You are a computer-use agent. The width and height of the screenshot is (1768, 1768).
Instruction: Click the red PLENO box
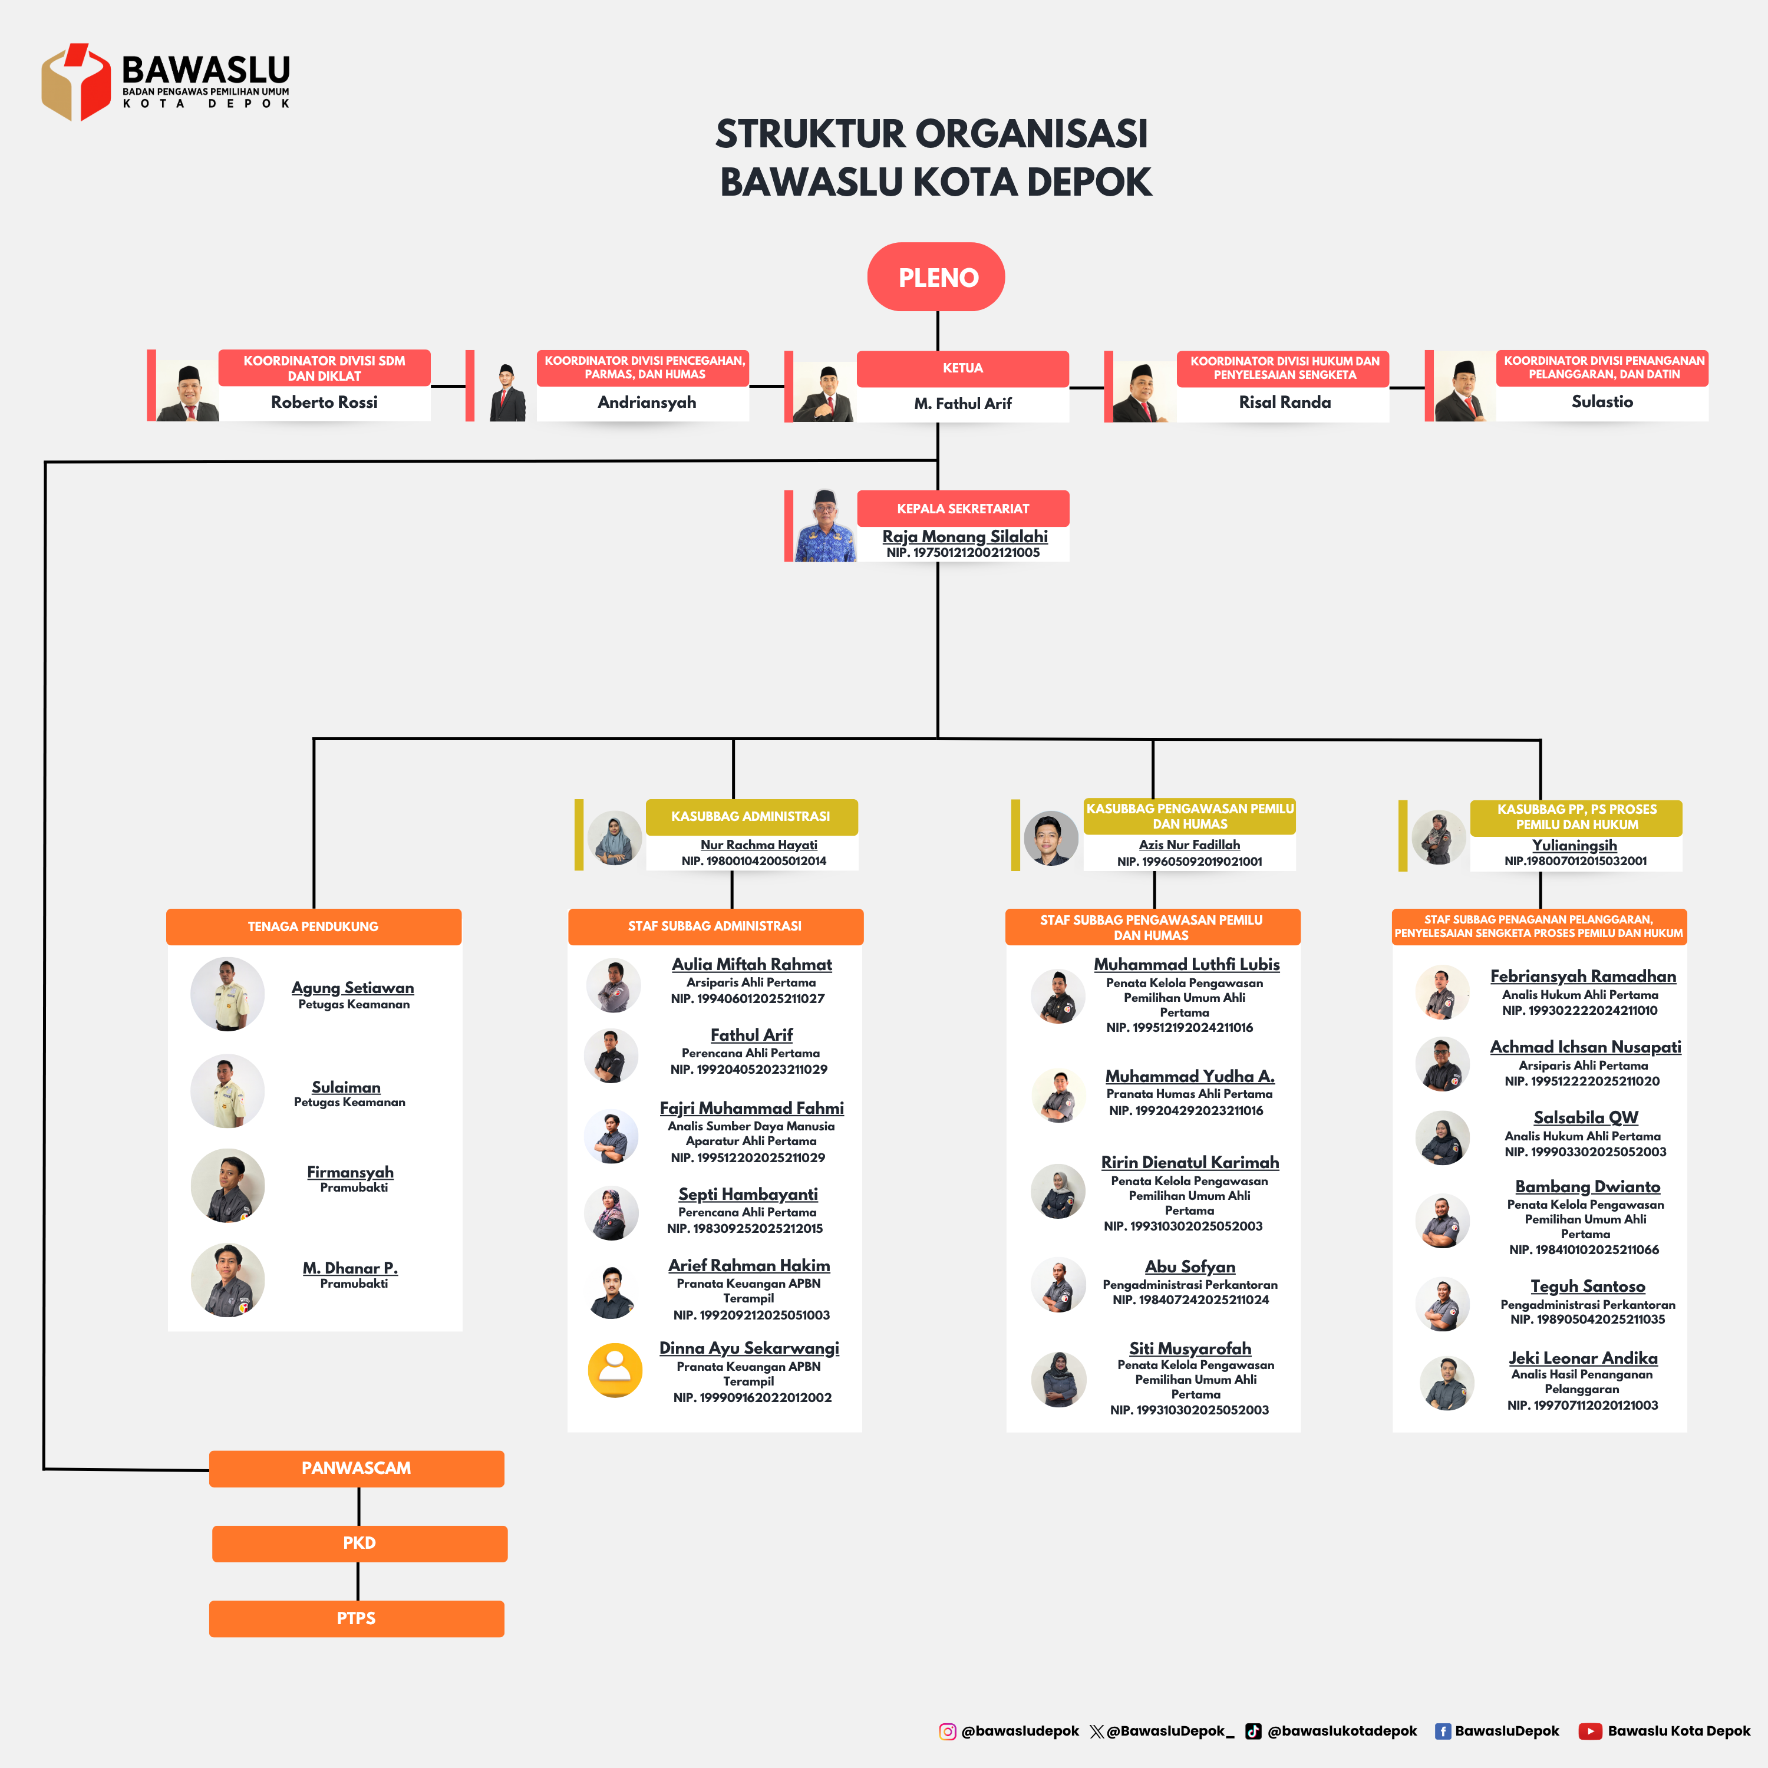point(936,276)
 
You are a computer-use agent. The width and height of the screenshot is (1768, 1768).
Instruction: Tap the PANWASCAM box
point(357,1468)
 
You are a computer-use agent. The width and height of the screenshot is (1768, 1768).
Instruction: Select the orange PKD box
point(359,1543)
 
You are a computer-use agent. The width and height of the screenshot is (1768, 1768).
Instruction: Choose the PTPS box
point(357,1618)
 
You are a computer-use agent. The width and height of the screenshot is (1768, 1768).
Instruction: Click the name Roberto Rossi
point(324,402)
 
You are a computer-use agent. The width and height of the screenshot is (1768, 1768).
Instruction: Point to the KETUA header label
point(963,368)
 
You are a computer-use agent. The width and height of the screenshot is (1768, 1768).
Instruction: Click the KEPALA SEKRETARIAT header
point(963,508)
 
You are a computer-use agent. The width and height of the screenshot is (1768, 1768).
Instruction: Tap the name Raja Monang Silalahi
point(965,536)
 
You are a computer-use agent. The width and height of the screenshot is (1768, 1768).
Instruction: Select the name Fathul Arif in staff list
point(751,1035)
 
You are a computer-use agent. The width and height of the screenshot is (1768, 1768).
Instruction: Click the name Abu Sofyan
point(1190,1266)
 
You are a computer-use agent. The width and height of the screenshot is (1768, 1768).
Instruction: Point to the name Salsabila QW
point(1586,1117)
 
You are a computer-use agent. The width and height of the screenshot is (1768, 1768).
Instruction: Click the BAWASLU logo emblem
point(76,81)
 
